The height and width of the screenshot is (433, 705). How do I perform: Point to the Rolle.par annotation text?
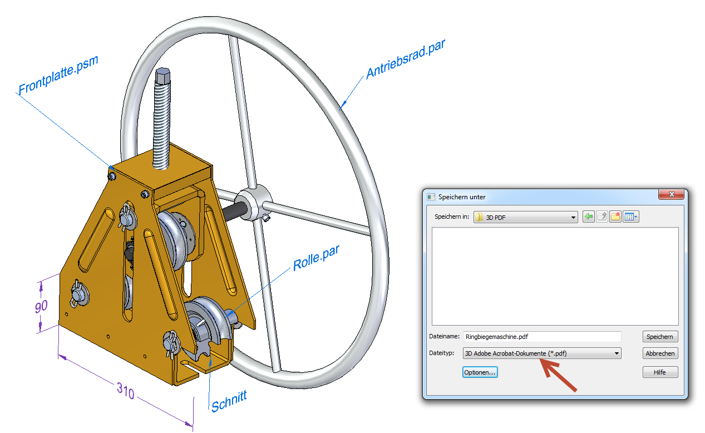coord(315,257)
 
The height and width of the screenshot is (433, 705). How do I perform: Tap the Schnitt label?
coord(229,401)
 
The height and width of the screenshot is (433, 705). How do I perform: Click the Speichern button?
coord(660,337)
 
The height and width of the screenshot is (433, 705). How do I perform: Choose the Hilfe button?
coord(660,372)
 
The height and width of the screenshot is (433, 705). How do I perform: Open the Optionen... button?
coord(480,372)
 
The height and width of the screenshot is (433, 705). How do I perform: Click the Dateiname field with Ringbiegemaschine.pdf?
coord(541,337)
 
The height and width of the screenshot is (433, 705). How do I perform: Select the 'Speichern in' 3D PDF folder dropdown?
coord(526,217)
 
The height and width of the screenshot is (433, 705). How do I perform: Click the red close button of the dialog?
coord(671,195)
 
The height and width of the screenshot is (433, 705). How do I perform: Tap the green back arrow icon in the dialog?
coord(588,217)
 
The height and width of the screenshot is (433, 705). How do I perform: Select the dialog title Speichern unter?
coord(462,196)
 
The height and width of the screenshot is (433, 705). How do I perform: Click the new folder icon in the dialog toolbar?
coord(615,217)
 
